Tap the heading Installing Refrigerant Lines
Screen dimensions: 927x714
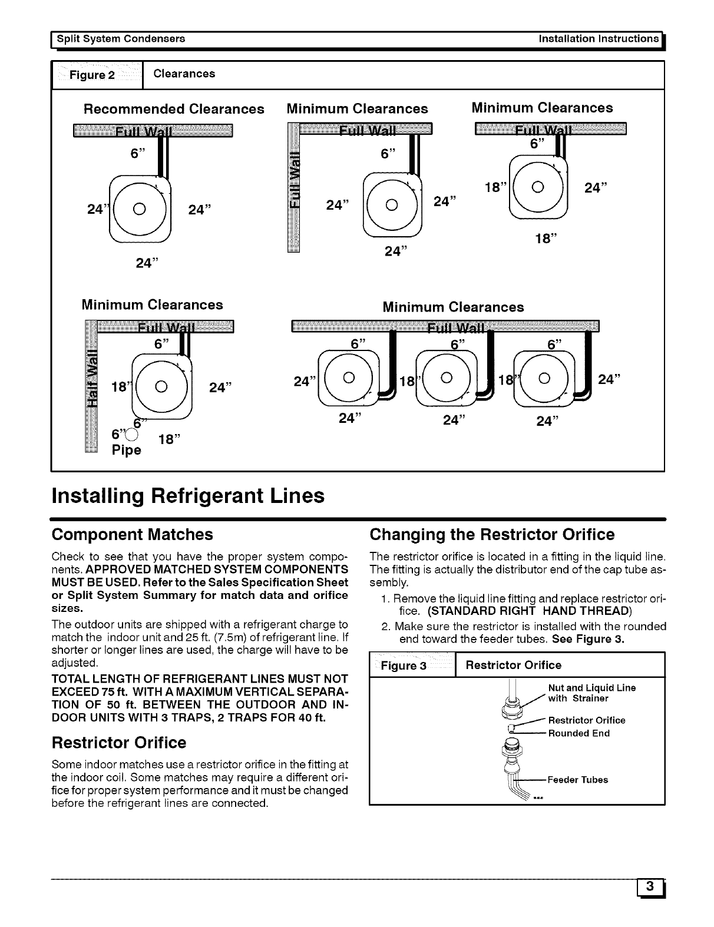(188, 495)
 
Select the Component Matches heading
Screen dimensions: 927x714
(132, 534)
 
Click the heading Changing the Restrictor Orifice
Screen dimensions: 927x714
(491, 534)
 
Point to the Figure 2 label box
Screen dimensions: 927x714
(97, 75)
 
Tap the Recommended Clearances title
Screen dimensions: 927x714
(173, 109)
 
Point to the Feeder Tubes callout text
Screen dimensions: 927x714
(577, 780)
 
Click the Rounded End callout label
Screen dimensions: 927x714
(579, 733)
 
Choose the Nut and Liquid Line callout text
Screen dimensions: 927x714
(591, 688)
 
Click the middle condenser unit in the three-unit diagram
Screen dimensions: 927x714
(446, 378)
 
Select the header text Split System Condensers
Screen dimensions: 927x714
(121, 39)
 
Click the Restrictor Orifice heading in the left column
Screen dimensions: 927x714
(118, 742)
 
